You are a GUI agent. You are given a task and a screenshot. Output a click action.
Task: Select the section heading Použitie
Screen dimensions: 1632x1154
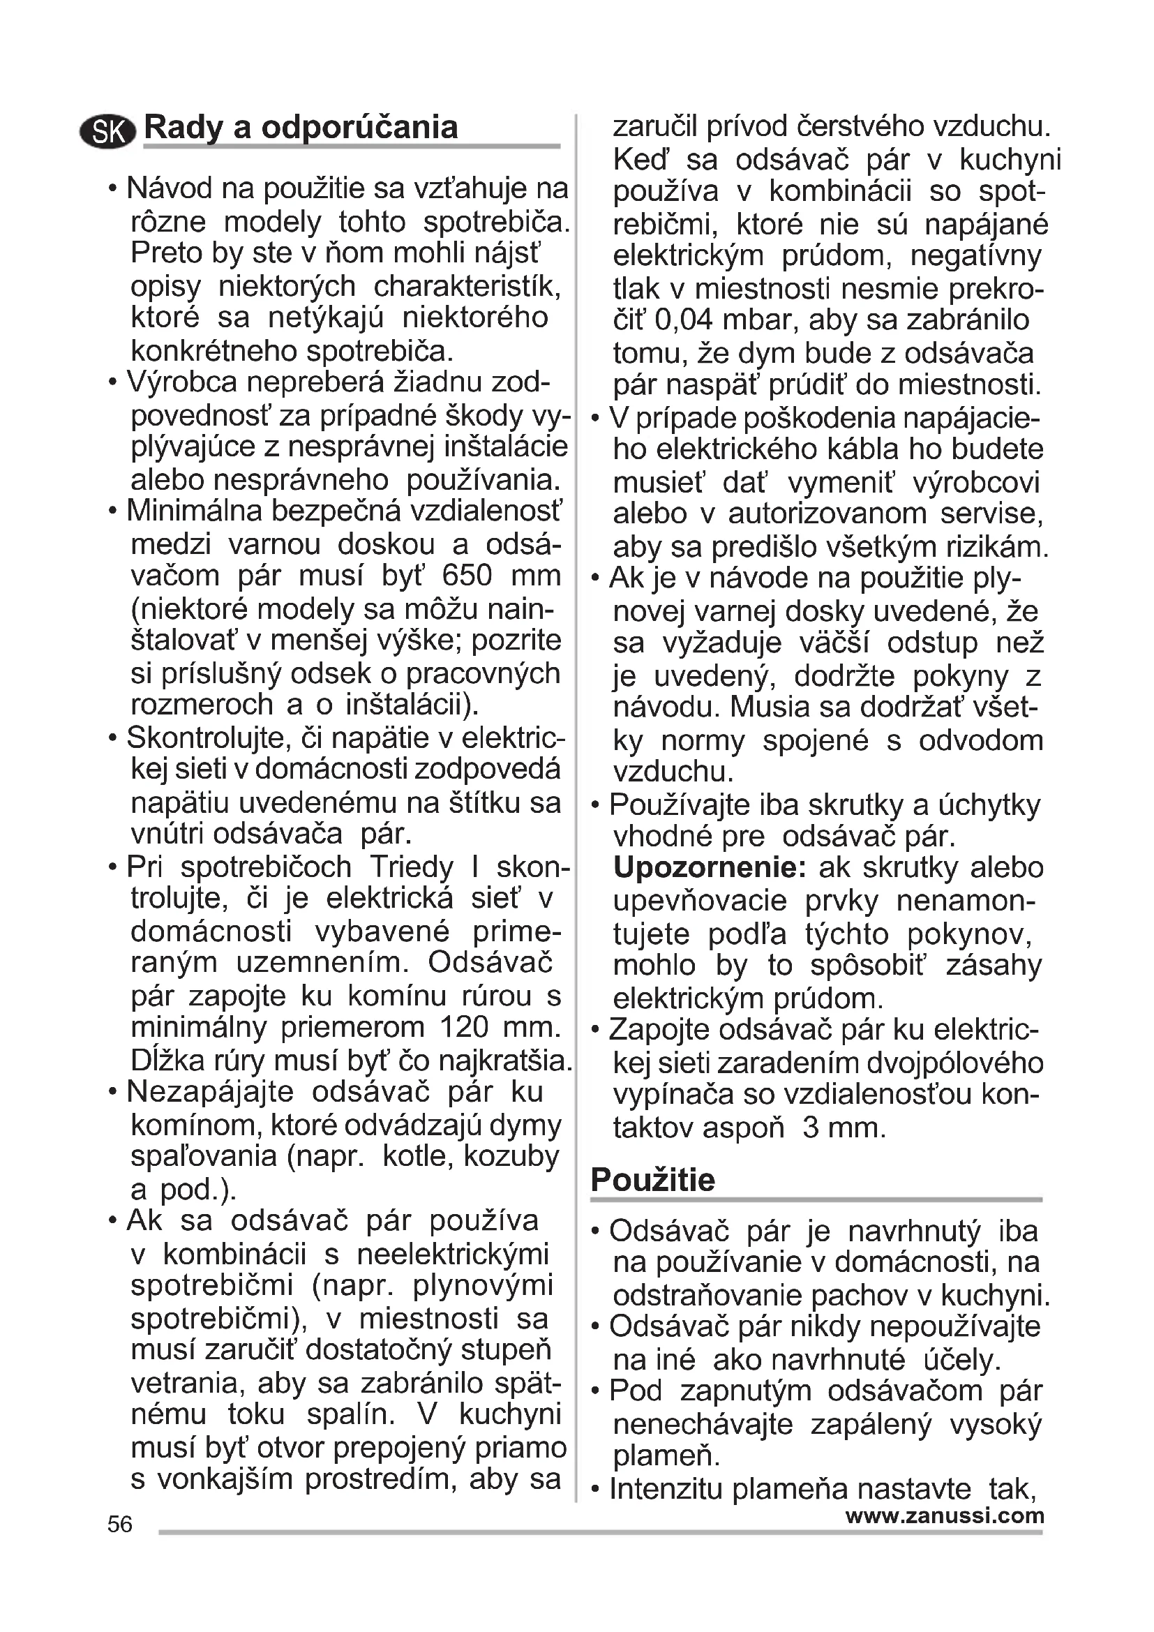tap(652, 1181)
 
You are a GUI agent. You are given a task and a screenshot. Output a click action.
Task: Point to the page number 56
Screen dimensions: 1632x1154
tap(120, 1525)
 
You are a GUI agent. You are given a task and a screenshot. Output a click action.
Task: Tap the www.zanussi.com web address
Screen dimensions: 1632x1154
tap(945, 1515)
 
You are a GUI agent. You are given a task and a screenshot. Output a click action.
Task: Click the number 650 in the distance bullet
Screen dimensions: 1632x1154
tap(466, 576)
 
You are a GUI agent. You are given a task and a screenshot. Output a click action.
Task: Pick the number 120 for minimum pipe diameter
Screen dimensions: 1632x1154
tap(464, 1028)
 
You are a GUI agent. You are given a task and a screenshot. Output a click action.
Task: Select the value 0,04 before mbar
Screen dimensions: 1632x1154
tap(684, 320)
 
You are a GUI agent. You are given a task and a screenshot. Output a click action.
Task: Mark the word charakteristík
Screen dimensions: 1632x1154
tap(467, 287)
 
